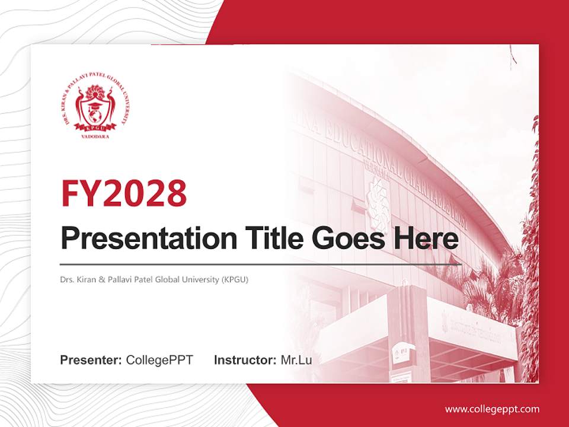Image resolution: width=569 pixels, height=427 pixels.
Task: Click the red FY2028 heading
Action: point(124,193)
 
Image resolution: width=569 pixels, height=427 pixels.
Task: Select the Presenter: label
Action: point(91,360)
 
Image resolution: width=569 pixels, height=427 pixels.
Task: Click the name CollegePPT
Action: point(159,360)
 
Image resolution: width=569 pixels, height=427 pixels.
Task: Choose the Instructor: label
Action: point(245,360)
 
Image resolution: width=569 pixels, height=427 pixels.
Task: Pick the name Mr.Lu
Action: point(296,360)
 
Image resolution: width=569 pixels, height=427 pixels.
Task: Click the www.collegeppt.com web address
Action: point(492,409)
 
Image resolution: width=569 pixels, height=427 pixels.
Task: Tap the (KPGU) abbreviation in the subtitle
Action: point(235,279)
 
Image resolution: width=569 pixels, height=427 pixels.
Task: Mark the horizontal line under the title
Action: point(261,264)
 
